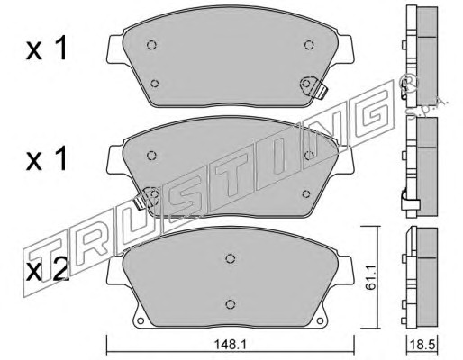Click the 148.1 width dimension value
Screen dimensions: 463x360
(230, 345)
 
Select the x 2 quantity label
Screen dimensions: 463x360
(47, 270)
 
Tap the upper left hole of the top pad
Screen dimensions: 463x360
(152, 45)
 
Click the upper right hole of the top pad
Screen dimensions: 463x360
(309, 45)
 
